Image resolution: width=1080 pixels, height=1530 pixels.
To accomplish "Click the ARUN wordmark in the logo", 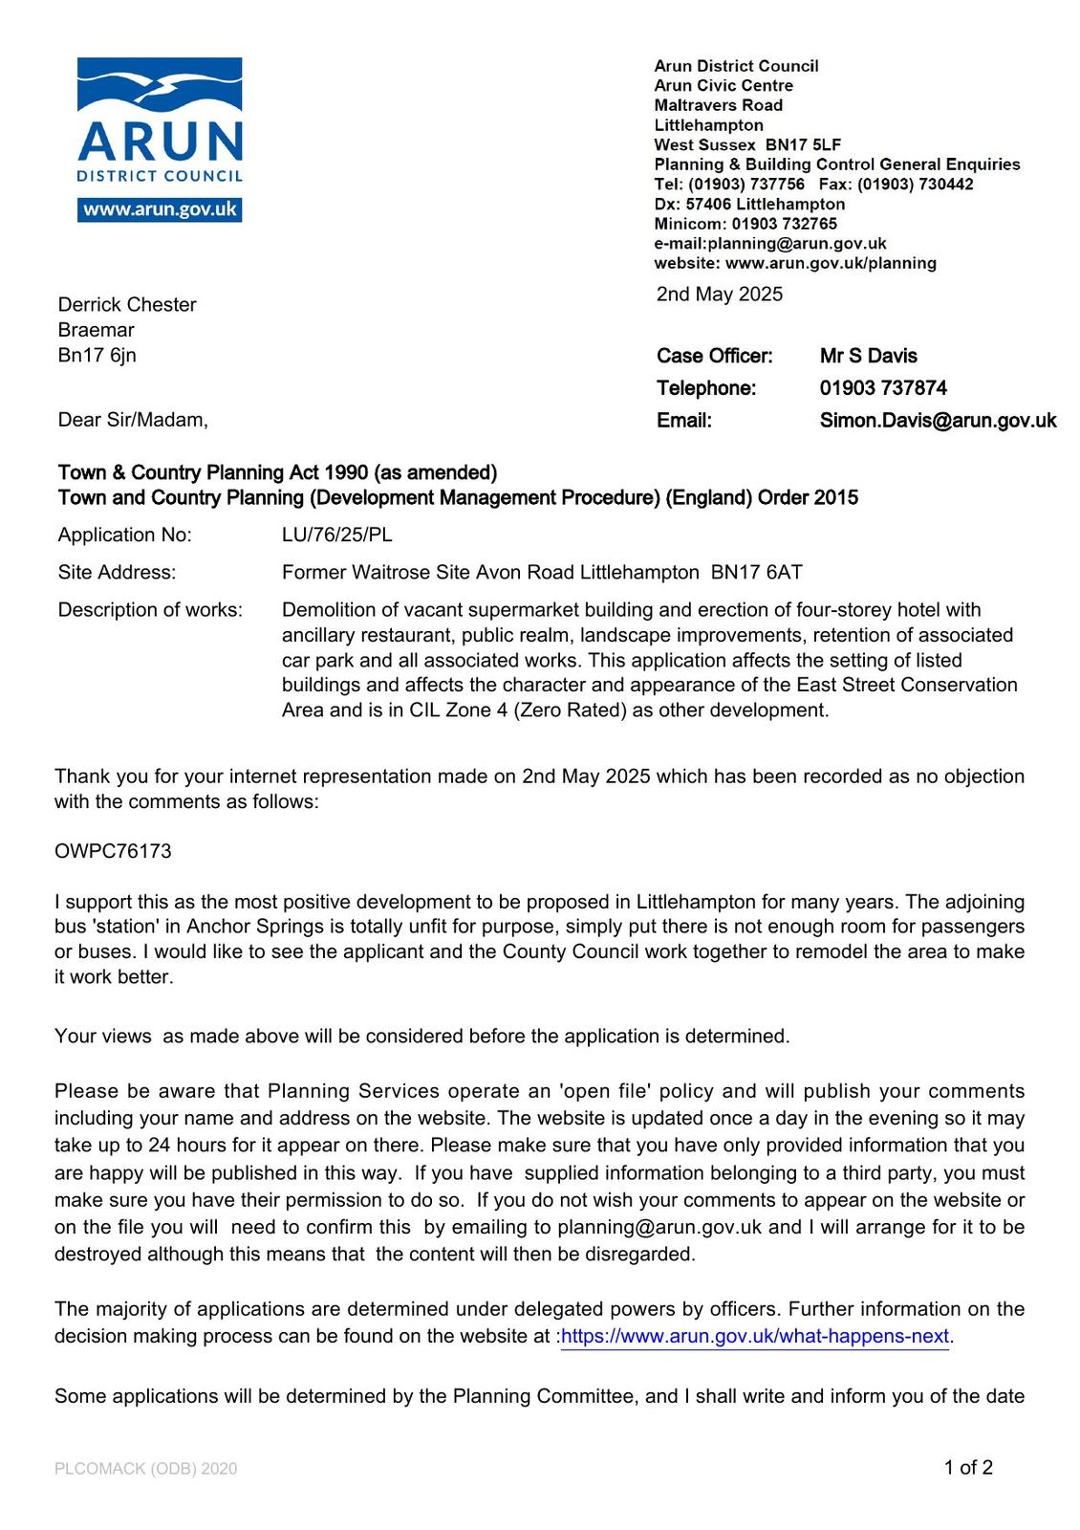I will click(x=160, y=142).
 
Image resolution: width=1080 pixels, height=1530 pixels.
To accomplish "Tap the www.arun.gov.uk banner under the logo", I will click(x=160, y=209).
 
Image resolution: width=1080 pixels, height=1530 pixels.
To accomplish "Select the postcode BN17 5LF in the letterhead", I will click(x=803, y=144).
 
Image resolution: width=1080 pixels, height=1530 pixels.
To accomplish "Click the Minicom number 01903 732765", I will click(x=784, y=224).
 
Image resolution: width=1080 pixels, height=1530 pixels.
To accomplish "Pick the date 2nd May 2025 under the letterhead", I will click(x=719, y=294).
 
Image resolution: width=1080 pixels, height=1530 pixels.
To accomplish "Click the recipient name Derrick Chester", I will click(x=127, y=304).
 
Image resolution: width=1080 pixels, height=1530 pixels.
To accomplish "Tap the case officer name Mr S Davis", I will click(x=868, y=356).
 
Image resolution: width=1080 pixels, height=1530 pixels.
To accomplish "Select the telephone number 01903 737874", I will click(x=883, y=387).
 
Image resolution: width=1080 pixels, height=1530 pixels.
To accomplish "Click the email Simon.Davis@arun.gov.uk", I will click(x=938, y=420).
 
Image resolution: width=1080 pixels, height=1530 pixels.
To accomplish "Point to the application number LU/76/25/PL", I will click(x=336, y=535).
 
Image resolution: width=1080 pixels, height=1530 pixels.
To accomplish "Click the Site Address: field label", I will click(x=117, y=572).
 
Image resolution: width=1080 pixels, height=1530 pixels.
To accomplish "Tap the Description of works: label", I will click(x=150, y=609).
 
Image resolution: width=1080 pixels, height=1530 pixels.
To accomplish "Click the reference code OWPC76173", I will click(x=113, y=851).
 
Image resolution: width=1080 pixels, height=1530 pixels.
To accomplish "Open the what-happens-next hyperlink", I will click(x=754, y=1336).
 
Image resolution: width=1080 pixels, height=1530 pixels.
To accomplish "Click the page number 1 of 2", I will click(x=968, y=1467).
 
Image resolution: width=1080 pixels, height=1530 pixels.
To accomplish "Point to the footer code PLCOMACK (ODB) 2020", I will click(x=145, y=1469).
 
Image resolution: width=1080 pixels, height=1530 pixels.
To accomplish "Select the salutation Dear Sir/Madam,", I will click(x=133, y=420).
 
